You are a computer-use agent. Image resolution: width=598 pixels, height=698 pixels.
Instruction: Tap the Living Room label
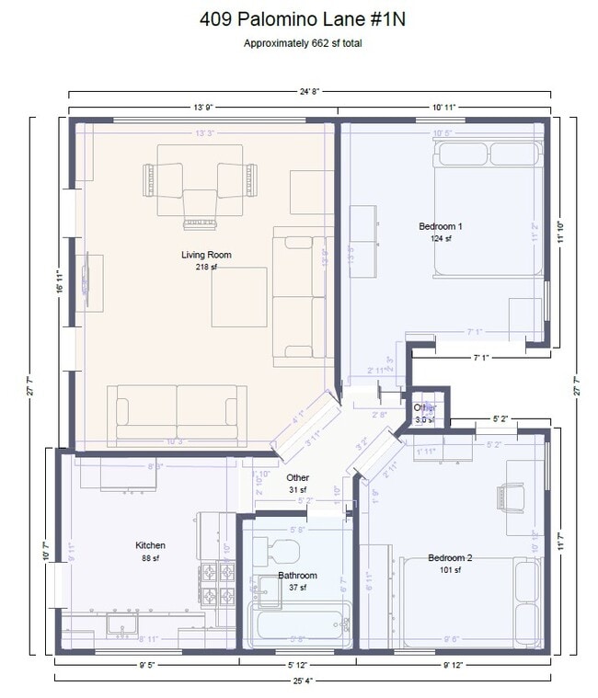click(205, 255)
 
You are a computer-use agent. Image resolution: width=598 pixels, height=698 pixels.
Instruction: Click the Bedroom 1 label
click(441, 226)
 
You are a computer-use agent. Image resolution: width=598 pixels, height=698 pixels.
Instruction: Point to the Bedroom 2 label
click(450, 558)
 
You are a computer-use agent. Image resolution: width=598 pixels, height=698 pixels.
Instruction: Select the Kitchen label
click(150, 545)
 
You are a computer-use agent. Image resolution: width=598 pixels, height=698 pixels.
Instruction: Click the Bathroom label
click(297, 576)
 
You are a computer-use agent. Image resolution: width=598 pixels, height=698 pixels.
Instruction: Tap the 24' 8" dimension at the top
click(309, 91)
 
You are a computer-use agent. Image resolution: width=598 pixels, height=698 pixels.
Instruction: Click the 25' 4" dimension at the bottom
click(304, 681)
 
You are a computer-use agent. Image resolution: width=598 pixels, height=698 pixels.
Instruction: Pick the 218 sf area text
click(205, 267)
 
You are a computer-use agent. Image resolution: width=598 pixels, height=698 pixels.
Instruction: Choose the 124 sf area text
click(441, 238)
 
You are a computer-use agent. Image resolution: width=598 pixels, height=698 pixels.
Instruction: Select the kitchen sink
click(122, 624)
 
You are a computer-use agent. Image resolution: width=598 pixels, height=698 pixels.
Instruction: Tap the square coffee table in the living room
click(239, 297)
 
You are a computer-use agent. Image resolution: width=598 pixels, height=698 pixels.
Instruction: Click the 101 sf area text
click(450, 570)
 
